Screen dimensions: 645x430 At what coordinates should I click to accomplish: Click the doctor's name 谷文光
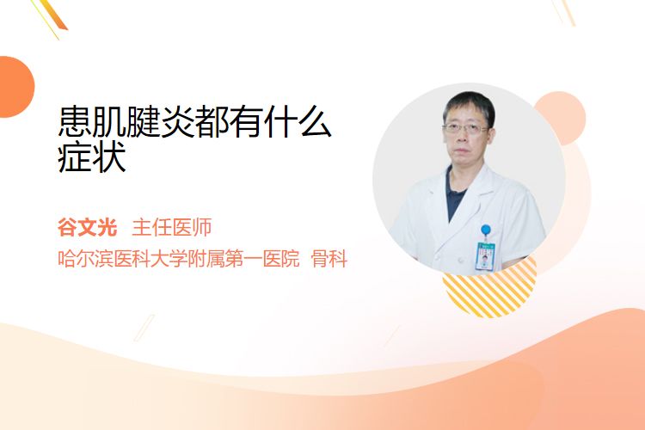click(x=87, y=228)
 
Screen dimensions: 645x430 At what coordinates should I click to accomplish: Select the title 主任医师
click(x=172, y=228)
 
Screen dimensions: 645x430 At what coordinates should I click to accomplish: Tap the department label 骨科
click(x=329, y=259)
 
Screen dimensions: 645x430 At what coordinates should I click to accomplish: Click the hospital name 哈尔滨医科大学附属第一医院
click(x=179, y=259)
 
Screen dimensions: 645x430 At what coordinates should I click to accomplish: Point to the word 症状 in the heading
click(x=92, y=157)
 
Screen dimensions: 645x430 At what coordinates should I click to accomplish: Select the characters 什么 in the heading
click(x=298, y=121)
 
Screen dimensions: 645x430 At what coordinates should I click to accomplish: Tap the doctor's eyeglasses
click(x=465, y=128)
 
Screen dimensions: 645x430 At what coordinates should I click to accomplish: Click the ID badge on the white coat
click(x=485, y=256)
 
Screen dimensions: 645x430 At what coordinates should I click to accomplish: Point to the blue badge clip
click(x=486, y=230)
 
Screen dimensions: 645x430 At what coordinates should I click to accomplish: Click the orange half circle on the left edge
click(x=16, y=87)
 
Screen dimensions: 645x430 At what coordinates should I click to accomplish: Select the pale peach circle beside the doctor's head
click(x=567, y=117)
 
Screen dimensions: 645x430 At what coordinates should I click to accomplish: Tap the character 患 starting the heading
click(x=75, y=121)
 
